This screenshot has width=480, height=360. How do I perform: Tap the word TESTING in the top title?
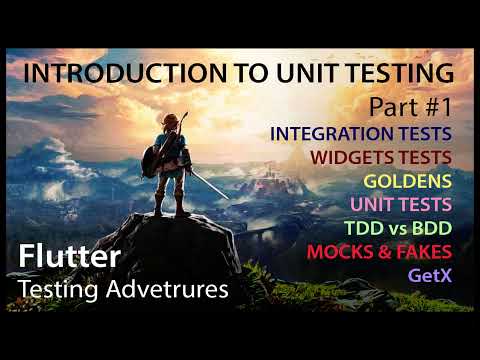[x=400, y=74]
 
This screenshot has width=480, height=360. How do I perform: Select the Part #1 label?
[x=410, y=105]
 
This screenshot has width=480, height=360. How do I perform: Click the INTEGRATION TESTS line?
[x=361, y=133]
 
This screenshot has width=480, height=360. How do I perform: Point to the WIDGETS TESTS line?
[x=381, y=156]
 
